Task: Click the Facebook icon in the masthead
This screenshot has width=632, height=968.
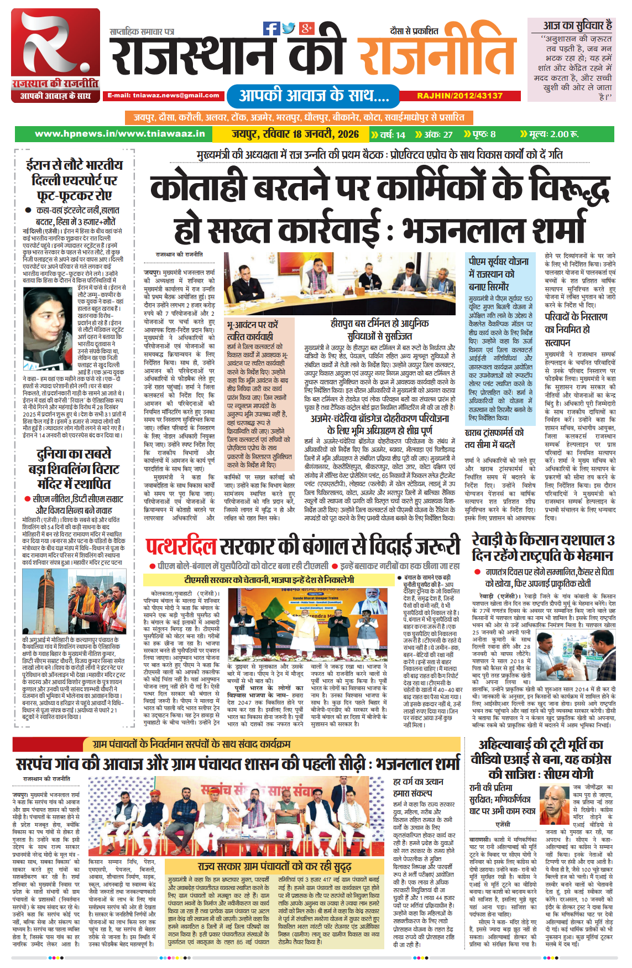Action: pos(271,28)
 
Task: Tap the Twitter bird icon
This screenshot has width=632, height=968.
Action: pos(289,28)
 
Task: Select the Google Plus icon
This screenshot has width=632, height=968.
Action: pos(306,28)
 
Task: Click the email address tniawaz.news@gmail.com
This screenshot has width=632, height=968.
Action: pos(164,95)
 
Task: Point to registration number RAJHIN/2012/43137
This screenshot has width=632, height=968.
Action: pos(459,96)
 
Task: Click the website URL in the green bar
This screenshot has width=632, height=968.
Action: pos(119,134)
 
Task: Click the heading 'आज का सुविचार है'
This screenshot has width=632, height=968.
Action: pos(577,25)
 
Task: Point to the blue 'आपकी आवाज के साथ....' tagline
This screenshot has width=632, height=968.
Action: pos(314,95)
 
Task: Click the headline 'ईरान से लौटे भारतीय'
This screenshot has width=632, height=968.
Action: pos(74,165)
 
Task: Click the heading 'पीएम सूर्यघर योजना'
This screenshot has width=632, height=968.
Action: pos(499,261)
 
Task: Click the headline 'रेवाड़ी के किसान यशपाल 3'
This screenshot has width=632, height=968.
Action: pos(543,540)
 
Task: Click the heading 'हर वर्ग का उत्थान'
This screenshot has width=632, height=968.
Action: pos(418,781)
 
